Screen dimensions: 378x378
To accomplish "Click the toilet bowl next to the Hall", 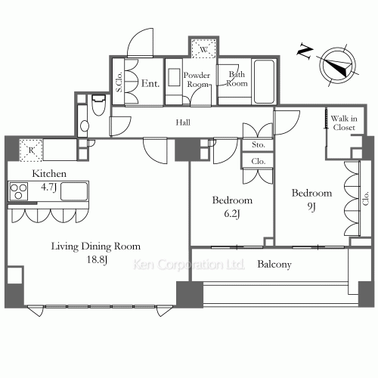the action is (98, 105).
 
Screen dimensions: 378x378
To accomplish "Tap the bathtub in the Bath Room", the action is (264, 82).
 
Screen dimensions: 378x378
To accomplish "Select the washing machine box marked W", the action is (203, 49).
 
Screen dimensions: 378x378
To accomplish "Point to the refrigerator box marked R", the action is (31, 150).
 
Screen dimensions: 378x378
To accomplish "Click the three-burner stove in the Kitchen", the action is (18, 191).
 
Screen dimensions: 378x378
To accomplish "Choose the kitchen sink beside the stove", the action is (74, 191).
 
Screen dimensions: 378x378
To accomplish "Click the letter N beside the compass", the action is (305, 51).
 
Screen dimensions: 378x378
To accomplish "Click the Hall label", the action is (183, 122).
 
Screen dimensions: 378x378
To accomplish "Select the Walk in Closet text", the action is (344, 123).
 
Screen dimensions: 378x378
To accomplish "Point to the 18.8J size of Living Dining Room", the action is (98, 259).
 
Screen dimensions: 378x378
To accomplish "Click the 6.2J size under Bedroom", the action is (232, 214).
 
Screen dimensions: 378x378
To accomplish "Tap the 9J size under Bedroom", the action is (311, 207).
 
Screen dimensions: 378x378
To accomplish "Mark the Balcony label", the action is (274, 265).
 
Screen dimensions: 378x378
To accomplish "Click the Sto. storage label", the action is (259, 144).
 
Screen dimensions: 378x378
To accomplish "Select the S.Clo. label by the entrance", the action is (119, 82).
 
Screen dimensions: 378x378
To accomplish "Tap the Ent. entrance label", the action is (150, 83).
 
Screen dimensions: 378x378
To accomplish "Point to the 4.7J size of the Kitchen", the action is (49, 187).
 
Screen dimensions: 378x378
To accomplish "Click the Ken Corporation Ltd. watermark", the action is (189, 265).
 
